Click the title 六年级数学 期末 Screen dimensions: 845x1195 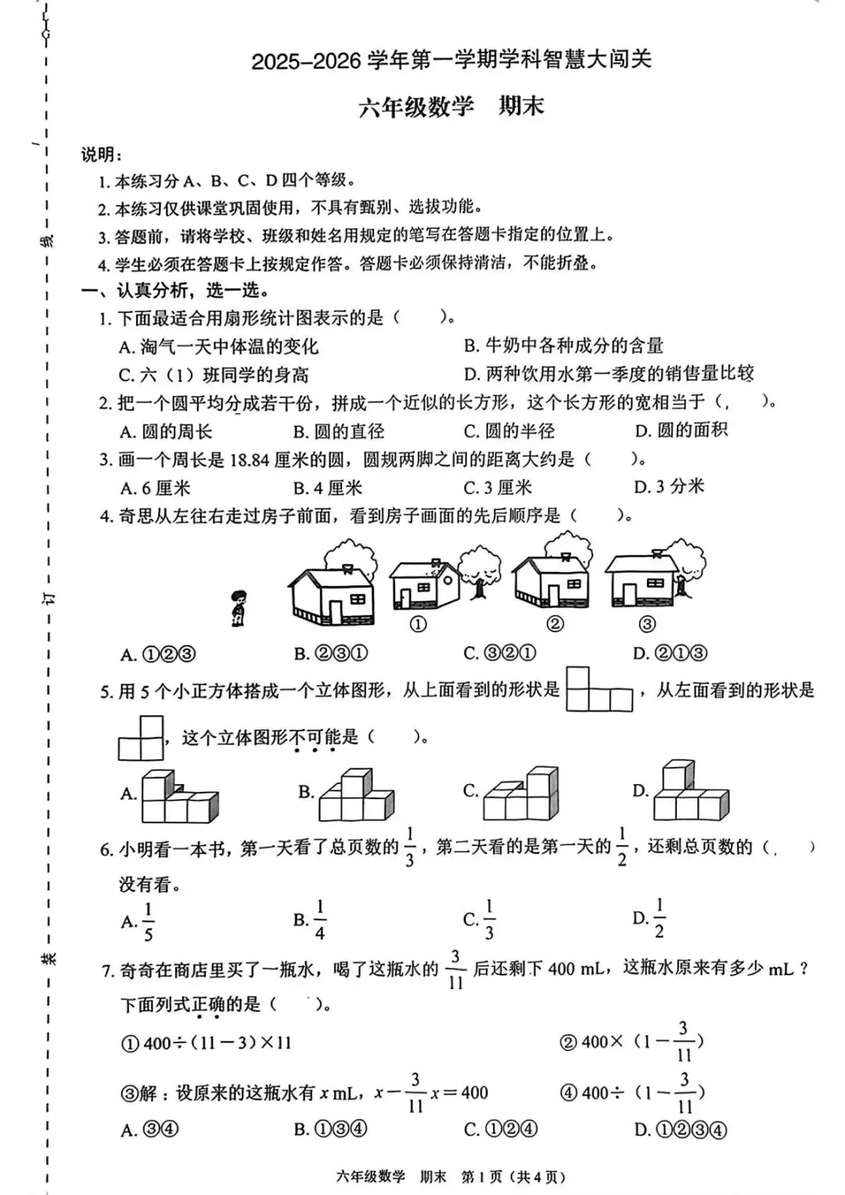(451, 106)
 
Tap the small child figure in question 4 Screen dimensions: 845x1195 (238, 607)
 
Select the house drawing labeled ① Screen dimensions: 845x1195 (424, 585)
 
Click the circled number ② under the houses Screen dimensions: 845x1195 (555, 624)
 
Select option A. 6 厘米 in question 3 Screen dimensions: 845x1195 (155, 488)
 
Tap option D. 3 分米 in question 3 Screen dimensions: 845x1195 (669, 487)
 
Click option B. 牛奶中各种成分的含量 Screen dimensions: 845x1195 (563, 345)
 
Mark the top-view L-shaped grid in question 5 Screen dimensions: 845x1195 (599, 689)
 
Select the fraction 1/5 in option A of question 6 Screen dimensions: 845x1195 (148, 922)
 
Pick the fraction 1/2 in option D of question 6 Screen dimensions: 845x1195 (659, 918)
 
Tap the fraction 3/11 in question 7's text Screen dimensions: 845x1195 (455, 970)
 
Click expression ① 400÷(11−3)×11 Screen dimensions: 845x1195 (207, 1042)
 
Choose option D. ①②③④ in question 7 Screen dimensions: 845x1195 (680, 1129)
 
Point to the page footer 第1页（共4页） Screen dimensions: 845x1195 (512, 1176)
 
